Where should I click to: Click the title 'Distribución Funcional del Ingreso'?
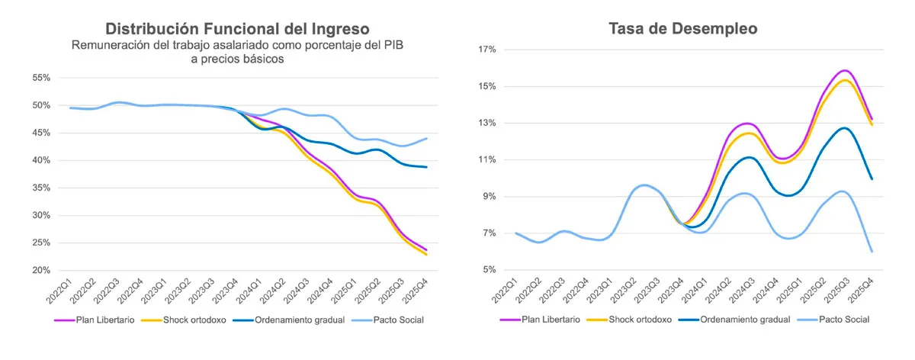point(236,29)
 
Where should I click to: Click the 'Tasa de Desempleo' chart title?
point(682,29)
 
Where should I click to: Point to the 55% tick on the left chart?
point(40,78)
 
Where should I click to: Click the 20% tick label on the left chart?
point(40,271)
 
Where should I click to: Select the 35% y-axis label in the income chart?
point(40,188)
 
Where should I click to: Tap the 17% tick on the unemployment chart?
point(487,50)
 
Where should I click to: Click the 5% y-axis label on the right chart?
point(490,270)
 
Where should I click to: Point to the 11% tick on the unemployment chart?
point(487,159)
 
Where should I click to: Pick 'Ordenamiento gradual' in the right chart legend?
point(745,320)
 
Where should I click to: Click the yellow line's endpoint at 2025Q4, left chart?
point(426,255)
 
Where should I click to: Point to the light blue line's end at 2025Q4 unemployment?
point(872,252)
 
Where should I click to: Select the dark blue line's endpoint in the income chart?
point(426,167)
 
